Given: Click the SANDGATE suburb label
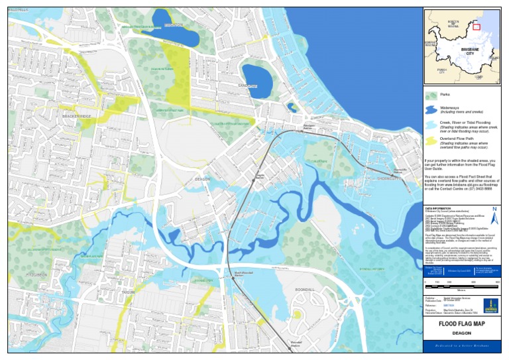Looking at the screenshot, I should coord(247,86).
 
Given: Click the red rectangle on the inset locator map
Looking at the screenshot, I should coord(476,27).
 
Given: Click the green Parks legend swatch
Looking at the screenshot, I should coord(431,95).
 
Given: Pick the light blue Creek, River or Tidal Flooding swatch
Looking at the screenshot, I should coord(431,124).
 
